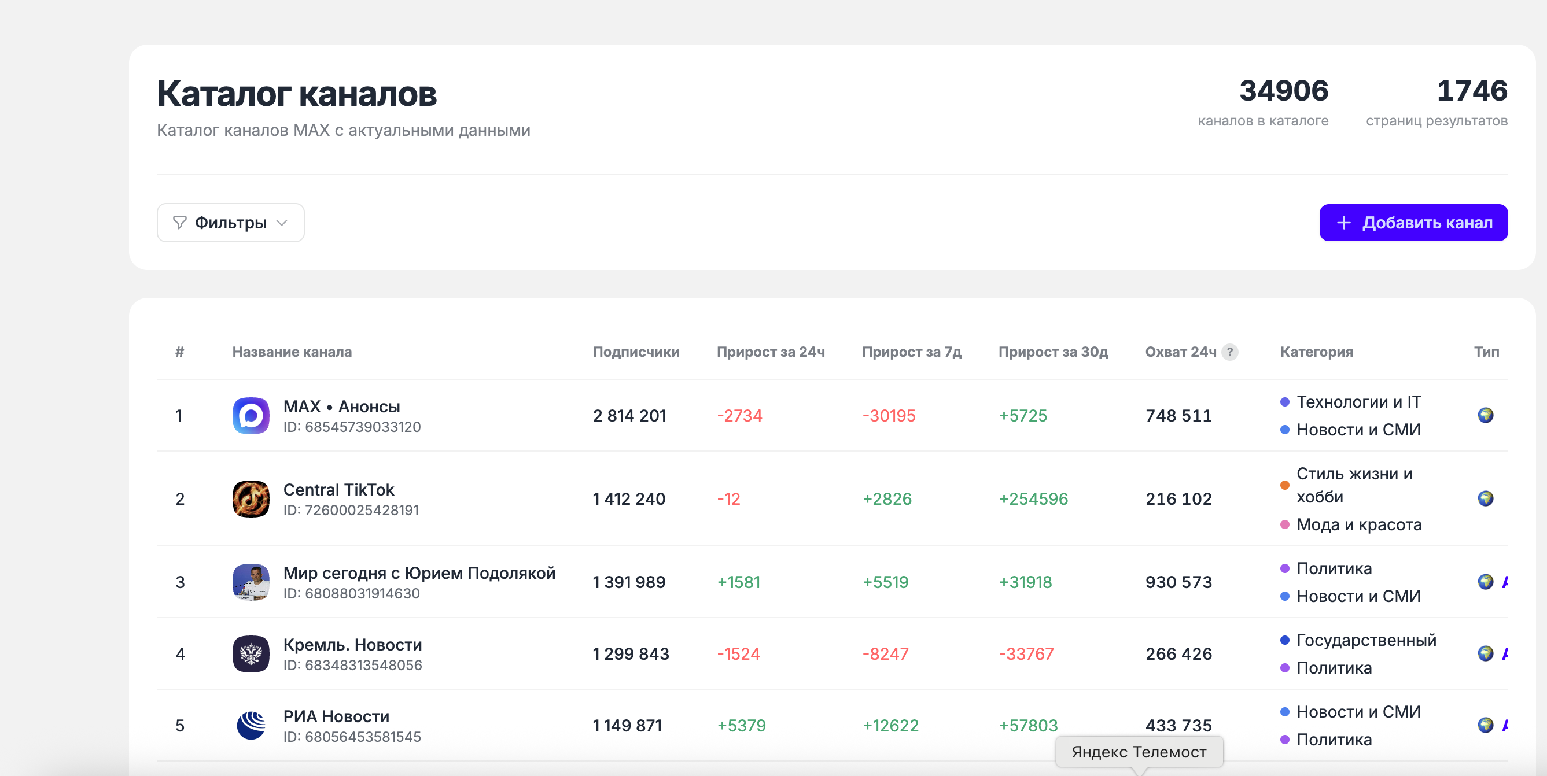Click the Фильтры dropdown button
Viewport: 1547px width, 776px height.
pyautogui.click(x=231, y=223)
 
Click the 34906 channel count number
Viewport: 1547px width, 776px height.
pyautogui.click(x=1283, y=91)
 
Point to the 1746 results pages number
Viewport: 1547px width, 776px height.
pyautogui.click(x=1472, y=91)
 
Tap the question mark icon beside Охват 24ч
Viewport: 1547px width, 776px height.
pyautogui.click(x=1230, y=352)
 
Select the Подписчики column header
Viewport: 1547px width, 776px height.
pyautogui.click(x=636, y=352)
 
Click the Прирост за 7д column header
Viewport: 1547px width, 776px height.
pyautogui.click(x=912, y=352)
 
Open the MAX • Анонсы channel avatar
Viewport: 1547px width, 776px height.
pyautogui.click(x=251, y=415)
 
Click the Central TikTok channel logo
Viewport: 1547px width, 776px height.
pyautogui.click(x=251, y=498)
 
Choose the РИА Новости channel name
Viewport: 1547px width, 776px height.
pyautogui.click(x=336, y=716)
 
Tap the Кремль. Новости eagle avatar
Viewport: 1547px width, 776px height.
pyautogui.click(x=251, y=653)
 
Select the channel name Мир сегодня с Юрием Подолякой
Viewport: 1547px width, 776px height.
pyautogui.click(x=419, y=573)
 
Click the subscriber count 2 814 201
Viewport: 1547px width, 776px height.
pyautogui.click(x=629, y=415)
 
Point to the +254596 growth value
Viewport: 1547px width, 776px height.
pyautogui.click(x=1033, y=498)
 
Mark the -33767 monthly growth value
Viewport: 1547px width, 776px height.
pyautogui.click(x=1026, y=653)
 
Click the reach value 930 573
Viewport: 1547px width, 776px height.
pyautogui.click(x=1179, y=582)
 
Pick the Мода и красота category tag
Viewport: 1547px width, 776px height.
pyautogui.click(x=1351, y=524)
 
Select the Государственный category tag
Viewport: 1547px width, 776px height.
pyautogui.click(x=1358, y=640)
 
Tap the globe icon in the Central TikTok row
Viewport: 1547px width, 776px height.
pyautogui.click(x=1485, y=498)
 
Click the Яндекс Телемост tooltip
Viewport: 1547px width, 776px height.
pyautogui.click(x=1139, y=751)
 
